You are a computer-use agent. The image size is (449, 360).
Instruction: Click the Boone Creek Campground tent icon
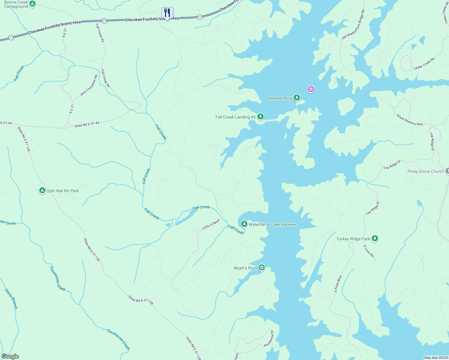click(x=32, y=4)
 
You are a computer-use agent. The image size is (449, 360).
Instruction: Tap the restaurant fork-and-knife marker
click(x=167, y=13)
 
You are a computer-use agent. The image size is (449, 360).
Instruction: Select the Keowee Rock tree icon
click(x=297, y=97)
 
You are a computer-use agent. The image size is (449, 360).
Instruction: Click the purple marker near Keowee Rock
click(x=311, y=89)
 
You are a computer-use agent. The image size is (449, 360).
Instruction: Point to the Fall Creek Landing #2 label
click(x=235, y=117)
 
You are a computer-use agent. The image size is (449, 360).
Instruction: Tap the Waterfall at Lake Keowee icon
click(x=244, y=224)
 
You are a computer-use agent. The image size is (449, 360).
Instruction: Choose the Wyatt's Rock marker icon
click(x=261, y=267)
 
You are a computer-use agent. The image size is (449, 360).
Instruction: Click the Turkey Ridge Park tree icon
click(x=375, y=238)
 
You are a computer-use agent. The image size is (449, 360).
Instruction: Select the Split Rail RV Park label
click(x=63, y=191)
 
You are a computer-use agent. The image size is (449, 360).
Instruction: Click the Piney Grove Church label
click(x=426, y=171)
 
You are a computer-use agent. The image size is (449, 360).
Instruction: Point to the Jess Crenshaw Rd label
click(x=89, y=85)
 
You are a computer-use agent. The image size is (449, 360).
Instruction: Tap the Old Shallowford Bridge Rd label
click(x=353, y=25)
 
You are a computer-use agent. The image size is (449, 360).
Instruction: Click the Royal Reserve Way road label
click(x=410, y=120)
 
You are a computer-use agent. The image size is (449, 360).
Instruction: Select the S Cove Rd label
click(x=369, y=251)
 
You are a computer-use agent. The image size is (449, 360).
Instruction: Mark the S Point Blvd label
click(x=338, y=284)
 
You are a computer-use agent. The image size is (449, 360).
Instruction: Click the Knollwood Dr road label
click(x=269, y=339)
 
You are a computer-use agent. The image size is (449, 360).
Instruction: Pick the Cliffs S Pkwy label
click(x=211, y=224)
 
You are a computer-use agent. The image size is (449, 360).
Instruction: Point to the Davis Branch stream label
click(x=11, y=299)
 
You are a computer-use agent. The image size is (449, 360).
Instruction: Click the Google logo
click(x=10, y=356)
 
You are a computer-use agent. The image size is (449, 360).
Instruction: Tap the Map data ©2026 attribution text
click(x=436, y=358)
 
